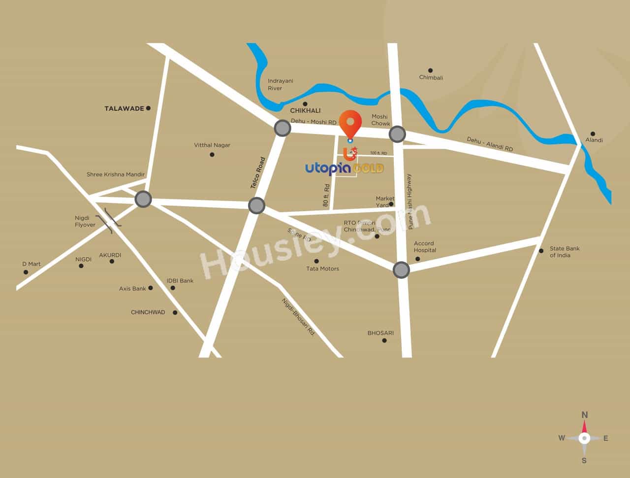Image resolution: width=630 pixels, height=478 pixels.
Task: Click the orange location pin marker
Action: click(x=350, y=123)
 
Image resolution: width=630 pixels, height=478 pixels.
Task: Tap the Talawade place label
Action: click(x=124, y=108)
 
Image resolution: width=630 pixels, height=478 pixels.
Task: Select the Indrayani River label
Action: click(x=280, y=84)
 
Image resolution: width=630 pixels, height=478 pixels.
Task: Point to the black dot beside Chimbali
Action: click(x=430, y=70)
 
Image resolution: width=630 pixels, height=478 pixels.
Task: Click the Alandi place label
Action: click(x=594, y=140)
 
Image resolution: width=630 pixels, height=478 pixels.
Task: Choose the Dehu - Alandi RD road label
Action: click(x=490, y=144)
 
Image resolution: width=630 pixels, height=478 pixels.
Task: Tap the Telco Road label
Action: click(x=258, y=173)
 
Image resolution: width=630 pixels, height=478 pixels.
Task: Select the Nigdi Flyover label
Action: click(x=85, y=221)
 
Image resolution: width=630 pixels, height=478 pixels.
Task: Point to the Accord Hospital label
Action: click(x=425, y=246)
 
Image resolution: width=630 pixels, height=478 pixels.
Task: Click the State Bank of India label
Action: click(x=565, y=252)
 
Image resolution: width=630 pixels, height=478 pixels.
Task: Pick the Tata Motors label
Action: click(x=322, y=269)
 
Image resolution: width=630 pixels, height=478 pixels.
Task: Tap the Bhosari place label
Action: click(x=380, y=333)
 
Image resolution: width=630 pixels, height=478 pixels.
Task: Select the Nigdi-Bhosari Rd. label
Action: click(x=298, y=317)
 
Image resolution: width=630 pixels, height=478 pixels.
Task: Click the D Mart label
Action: click(x=31, y=264)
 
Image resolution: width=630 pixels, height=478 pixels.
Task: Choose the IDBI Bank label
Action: click(x=180, y=281)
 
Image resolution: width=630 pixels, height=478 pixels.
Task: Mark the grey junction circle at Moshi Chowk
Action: click(x=397, y=134)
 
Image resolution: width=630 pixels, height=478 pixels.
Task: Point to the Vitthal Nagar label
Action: click(x=212, y=145)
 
